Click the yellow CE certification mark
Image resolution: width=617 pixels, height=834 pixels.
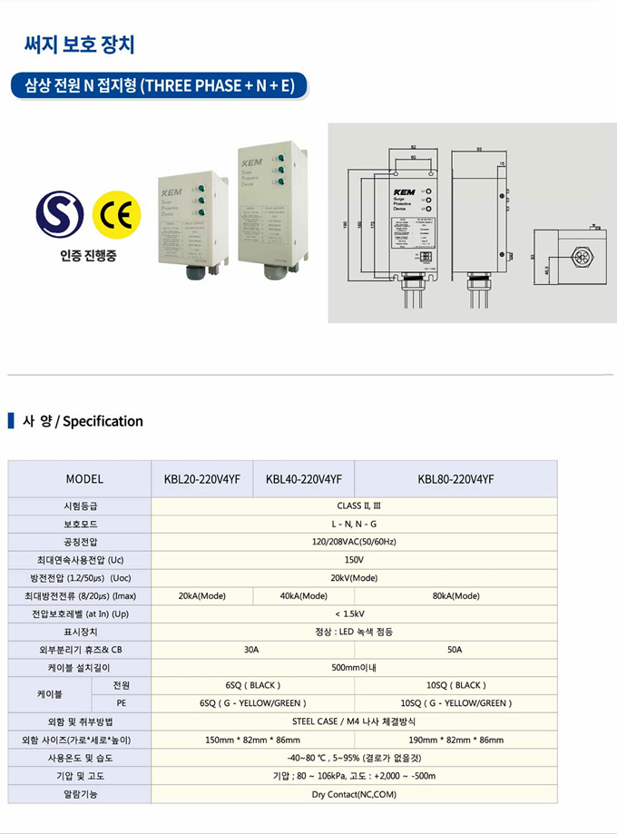tap(117, 211)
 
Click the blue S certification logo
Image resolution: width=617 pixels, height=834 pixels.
tap(61, 211)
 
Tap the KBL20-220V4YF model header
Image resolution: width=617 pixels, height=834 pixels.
tap(202, 478)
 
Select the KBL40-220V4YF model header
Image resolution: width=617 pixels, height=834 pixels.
tap(303, 478)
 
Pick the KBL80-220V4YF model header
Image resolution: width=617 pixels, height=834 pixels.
tap(455, 478)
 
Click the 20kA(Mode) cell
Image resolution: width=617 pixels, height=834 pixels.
tap(202, 595)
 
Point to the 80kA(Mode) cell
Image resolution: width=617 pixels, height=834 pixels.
tap(455, 595)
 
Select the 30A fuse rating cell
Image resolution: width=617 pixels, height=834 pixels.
tap(252, 649)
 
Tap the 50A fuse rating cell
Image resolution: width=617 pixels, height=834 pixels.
tap(455, 649)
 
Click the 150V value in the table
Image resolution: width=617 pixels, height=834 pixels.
tap(354, 560)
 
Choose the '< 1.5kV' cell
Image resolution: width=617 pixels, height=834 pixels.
tap(354, 613)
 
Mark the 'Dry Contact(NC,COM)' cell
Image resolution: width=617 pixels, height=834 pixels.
tap(354, 793)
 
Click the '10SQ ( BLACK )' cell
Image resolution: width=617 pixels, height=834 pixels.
tap(455, 685)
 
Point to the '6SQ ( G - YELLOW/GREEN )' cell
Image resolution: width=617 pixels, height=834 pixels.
tap(252, 703)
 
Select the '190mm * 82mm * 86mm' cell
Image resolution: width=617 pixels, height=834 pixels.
tap(455, 740)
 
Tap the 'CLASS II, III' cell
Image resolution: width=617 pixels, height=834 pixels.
tap(354, 506)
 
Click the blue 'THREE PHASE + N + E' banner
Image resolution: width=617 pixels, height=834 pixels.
tap(159, 86)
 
